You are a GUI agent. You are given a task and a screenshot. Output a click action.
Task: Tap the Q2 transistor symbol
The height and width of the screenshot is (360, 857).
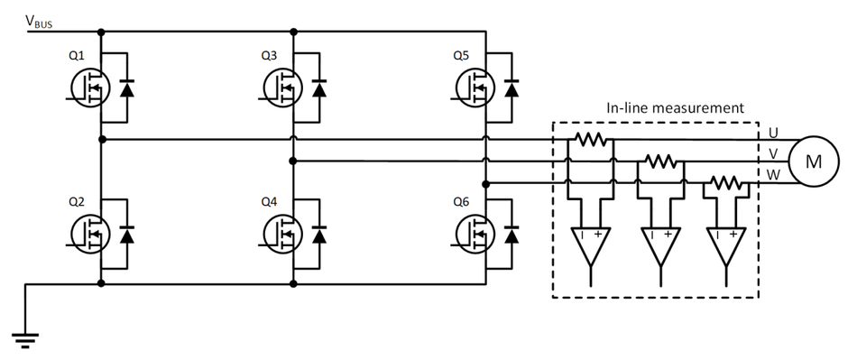(89, 233)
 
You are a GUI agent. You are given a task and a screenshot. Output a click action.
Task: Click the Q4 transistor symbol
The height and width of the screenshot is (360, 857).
(282, 233)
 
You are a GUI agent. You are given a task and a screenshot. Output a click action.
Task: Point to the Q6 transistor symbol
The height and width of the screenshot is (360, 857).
(476, 233)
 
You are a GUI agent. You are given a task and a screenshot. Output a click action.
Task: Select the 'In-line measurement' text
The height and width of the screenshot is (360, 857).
(674, 107)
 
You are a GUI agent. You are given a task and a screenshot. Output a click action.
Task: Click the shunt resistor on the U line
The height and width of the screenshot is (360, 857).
(591, 140)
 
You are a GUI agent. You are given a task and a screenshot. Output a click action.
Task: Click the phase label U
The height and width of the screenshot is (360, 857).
(773, 132)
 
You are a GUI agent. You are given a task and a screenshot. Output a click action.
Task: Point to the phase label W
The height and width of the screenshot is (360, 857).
(773, 173)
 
